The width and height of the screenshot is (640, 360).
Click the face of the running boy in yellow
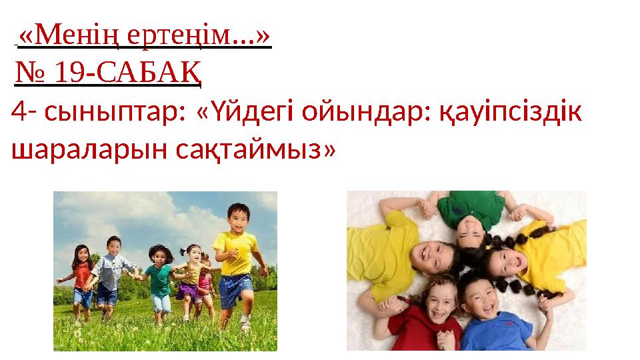click(237, 216)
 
